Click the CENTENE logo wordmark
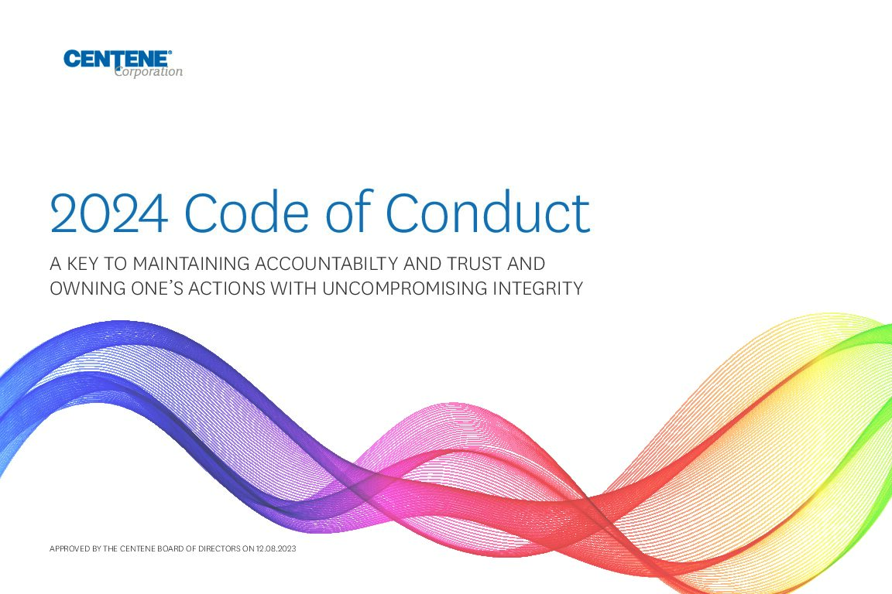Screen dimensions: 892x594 tap(116, 59)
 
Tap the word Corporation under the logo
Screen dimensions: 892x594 tap(149, 72)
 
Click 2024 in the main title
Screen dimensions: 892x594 tap(108, 213)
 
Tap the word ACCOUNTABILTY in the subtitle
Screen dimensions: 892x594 tap(326, 264)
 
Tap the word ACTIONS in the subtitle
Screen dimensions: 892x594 tap(227, 288)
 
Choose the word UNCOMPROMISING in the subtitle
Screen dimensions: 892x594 tap(405, 288)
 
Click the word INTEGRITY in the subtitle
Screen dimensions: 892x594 tap(538, 288)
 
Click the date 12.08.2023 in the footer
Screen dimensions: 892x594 tap(276, 549)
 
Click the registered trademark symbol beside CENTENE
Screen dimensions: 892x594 tap(170, 53)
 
